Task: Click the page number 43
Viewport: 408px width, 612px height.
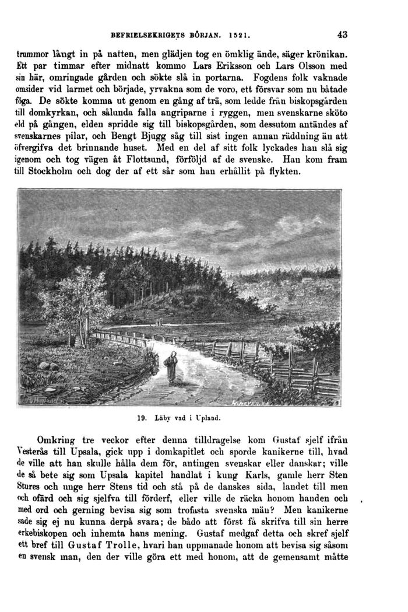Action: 342,34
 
